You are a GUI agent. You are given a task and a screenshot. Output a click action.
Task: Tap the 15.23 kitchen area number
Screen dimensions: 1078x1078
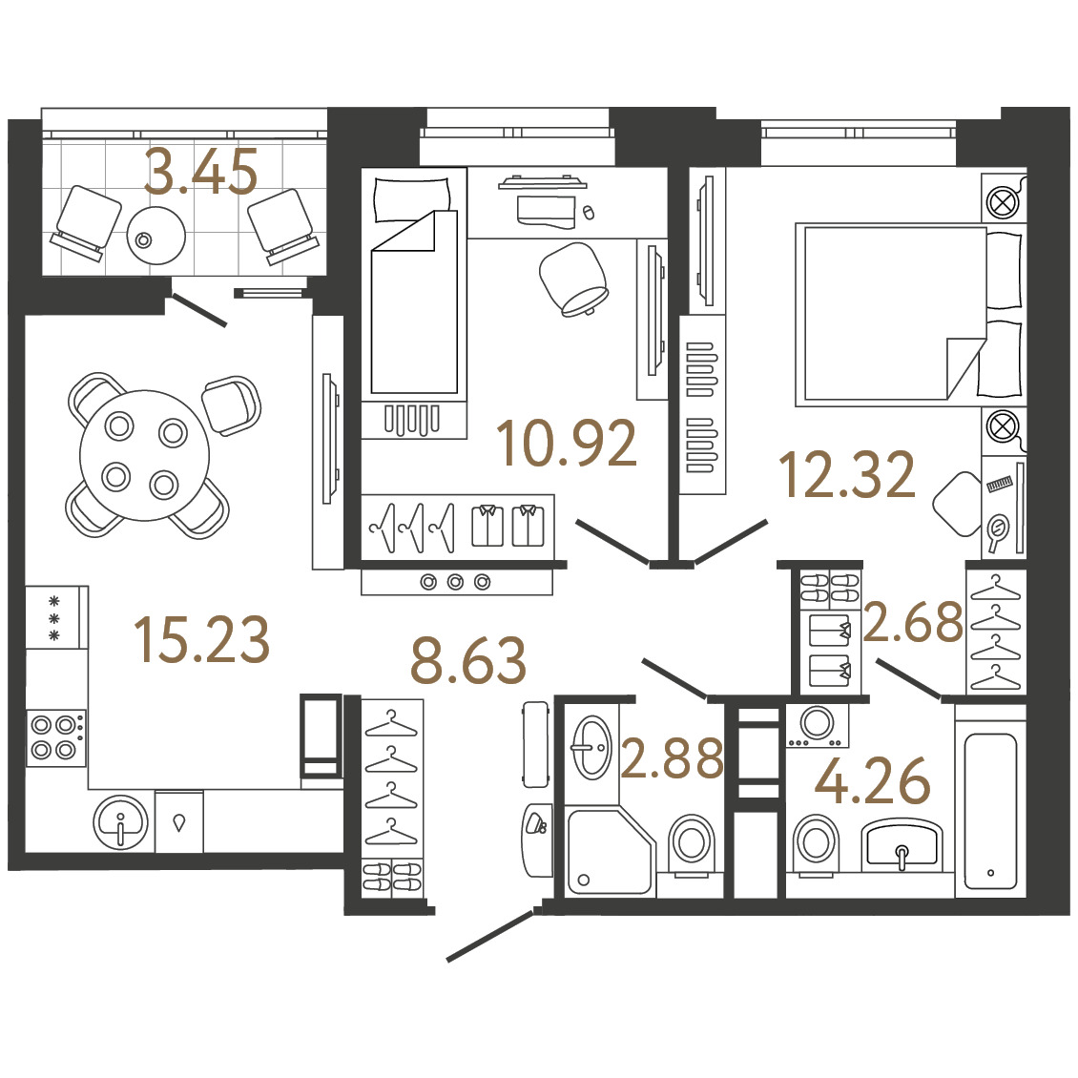[x=202, y=639]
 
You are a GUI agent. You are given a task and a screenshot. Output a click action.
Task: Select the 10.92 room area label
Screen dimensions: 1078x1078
[x=567, y=444]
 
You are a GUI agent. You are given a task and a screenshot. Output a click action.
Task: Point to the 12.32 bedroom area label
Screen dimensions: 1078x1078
[x=847, y=474]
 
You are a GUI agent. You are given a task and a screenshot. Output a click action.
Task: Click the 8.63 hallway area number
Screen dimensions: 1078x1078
[x=468, y=661]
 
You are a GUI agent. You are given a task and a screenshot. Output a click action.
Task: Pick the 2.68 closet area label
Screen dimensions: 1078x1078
[x=913, y=621]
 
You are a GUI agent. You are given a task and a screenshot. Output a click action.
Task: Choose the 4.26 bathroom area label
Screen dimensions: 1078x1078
[x=873, y=780]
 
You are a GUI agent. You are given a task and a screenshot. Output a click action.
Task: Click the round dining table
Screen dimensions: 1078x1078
[x=144, y=455]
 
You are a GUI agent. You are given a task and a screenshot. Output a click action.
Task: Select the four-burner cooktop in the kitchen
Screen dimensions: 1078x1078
[x=56, y=737]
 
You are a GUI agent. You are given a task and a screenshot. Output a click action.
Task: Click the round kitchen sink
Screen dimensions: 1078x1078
[x=120, y=822]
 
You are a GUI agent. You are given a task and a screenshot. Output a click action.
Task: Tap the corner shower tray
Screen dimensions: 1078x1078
[x=610, y=852]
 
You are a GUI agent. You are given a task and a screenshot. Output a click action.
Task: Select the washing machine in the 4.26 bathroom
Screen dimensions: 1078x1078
[x=818, y=725]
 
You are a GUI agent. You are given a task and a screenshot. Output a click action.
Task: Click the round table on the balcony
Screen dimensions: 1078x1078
[x=156, y=235]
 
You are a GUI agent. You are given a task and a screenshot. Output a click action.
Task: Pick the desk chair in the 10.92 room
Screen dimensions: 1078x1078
[x=573, y=280]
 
